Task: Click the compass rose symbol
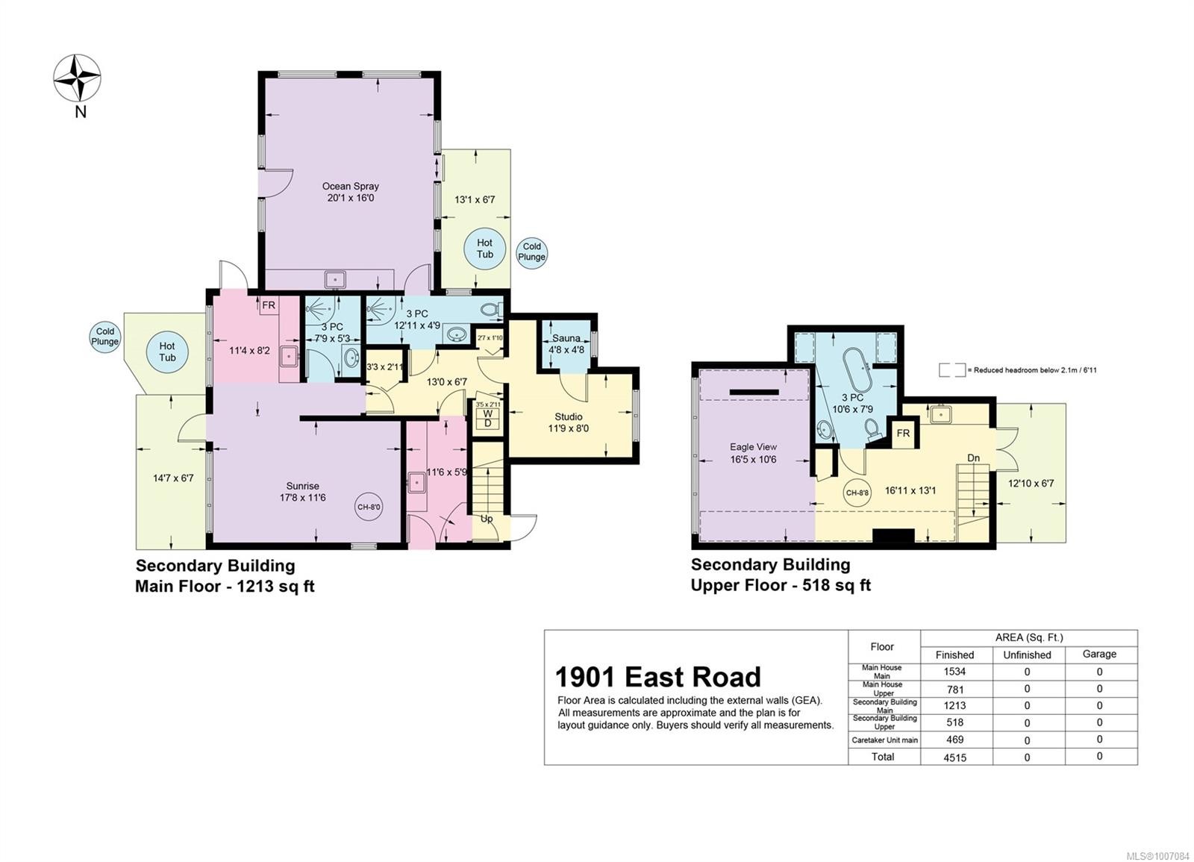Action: (x=78, y=78)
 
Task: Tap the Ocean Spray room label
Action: (x=350, y=192)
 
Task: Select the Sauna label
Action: (x=566, y=343)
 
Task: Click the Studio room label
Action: (x=568, y=422)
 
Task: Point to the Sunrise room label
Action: (x=302, y=491)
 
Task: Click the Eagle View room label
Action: (x=753, y=453)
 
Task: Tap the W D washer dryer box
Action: (x=487, y=419)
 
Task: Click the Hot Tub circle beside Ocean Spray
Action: (x=484, y=249)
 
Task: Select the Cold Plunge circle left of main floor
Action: (x=105, y=337)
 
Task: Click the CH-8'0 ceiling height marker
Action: (x=369, y=507)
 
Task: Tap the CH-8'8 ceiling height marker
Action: (x=857, y=493)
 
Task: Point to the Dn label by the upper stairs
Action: (x=973, y=458)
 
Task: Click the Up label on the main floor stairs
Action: (x=486, y=519)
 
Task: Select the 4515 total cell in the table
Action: (x=954, y=757)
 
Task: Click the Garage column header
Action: (x=1099, y=654)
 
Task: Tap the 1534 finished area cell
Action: (x=954, y=672)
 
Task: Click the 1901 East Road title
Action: (x=657, y=677)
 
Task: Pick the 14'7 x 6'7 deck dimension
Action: (x=173, y=478)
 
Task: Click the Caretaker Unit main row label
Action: (x=884, y=740)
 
